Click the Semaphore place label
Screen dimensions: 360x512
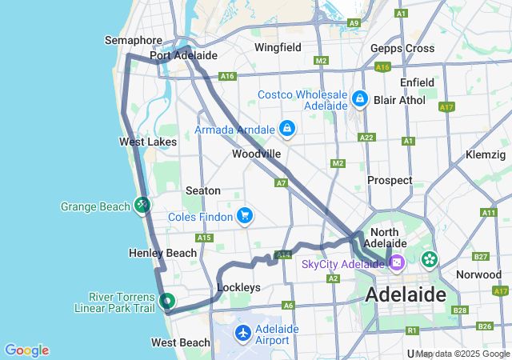point(134,40)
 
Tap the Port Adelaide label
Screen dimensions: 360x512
point(184,55)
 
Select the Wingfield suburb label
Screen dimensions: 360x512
point(278,47)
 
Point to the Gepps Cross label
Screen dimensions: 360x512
point(402,48)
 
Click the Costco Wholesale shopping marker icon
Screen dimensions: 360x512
point(360,99)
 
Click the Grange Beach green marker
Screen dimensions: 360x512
point(142,206)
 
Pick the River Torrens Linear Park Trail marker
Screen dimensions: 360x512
point(166,302)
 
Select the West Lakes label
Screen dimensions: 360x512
point(148,142)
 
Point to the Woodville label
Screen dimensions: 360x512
point(256,153)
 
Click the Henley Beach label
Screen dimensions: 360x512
point(162,253)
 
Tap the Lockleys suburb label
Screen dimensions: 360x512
point(238,286)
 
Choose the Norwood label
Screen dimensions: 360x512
point(478,274)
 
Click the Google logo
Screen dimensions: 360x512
point(26,350)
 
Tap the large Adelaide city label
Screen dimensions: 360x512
point(406,294)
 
